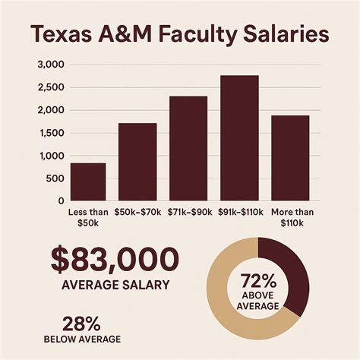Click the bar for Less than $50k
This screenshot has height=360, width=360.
pyautogui.click(x=87, y=182)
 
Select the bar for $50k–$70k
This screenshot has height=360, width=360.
pyautogui.click(x=137, y=161)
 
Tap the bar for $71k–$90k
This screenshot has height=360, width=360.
pyautogui.click(x=188, y=148)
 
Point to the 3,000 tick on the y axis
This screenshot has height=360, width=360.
pyautogui.click(x=46, y=65)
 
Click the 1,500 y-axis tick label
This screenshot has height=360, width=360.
pyautogui.click(x=46, y=133)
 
